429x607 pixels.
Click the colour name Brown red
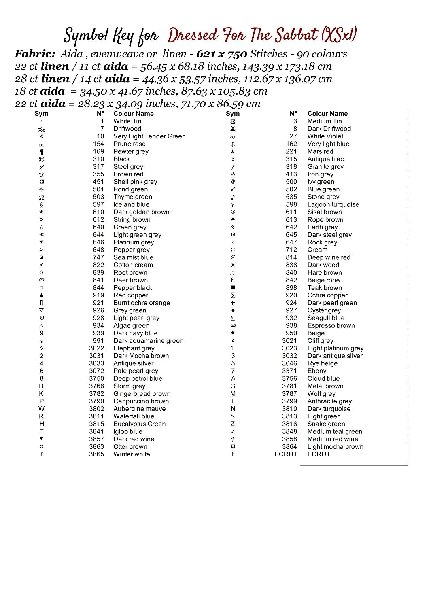coord(128,174)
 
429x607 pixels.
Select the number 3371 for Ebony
coord(289,371)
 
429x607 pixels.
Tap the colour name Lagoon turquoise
coord(333,204)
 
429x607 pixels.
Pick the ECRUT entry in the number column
coord(286,454)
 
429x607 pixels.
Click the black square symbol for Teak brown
coord(233,287)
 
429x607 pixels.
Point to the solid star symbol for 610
coord(41,212)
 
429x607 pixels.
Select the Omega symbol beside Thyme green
coord(41,197)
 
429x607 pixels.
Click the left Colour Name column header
coord(134,114)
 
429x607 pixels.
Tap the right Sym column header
coord(233,114)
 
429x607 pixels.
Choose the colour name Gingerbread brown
coord(142,394)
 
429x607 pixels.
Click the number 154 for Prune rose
coord(98,144)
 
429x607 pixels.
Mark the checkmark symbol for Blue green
coord(233,189)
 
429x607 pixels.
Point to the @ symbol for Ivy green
coord(233,182)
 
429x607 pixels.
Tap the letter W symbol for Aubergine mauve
coord(41,409)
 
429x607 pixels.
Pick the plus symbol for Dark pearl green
coord(233,303)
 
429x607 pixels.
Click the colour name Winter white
coord(132,454)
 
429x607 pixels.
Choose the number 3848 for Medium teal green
coord(289,431)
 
